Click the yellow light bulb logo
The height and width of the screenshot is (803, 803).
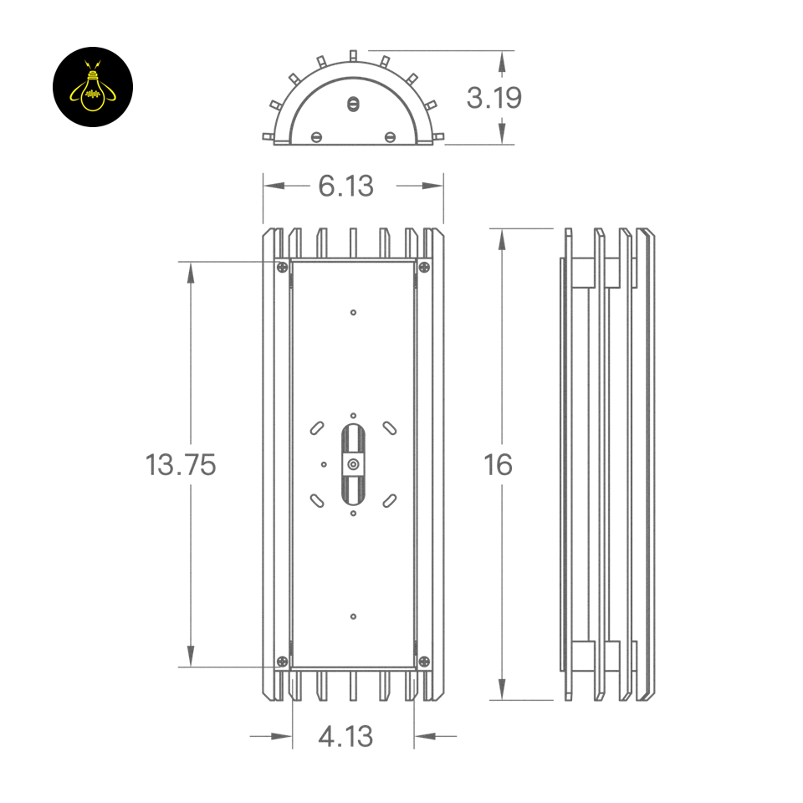click(92, 87)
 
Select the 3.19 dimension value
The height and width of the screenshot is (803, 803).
click(494, 98)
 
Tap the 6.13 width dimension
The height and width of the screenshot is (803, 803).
click(345, 186)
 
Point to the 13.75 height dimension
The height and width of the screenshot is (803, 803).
click(181, 464)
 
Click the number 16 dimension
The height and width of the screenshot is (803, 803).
click(498, 464)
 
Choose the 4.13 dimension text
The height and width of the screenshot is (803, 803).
click(345, 737)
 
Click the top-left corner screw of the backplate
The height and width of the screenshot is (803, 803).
click(283, 268)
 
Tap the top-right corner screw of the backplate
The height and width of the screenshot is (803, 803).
click(424, 268)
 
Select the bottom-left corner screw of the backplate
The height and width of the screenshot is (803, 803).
click(283, 662)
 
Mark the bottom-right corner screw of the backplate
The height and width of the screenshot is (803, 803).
click(424, 662)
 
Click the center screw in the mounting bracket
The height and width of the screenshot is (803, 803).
click(353, 464)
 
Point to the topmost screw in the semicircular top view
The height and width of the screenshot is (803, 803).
click(353, 105)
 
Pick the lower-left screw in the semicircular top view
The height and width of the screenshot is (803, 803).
click(316, 136)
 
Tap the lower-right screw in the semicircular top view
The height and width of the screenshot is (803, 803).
click(390, 136)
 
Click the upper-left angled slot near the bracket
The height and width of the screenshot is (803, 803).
click(317, 427)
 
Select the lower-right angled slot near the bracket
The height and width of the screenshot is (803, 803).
click(389, 500)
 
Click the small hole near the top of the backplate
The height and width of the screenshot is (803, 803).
click(353, 312)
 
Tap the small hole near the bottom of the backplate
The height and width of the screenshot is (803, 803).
click(353, 616)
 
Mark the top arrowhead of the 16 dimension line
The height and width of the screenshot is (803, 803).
click(502, 239)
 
